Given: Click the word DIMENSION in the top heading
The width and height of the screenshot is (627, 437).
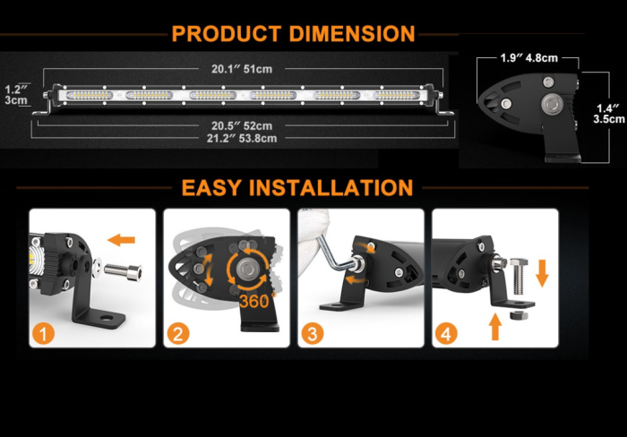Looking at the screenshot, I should (352, 34).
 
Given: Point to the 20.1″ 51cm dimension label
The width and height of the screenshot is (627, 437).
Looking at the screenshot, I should (242, 68).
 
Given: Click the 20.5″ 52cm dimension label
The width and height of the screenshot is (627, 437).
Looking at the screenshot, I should (242, 125).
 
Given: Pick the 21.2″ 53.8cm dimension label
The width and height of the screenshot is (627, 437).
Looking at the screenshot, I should (242, 138).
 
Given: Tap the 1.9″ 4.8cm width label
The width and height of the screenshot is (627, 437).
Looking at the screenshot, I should (529, 58).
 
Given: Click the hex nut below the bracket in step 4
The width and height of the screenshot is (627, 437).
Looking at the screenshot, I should (517, 316).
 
